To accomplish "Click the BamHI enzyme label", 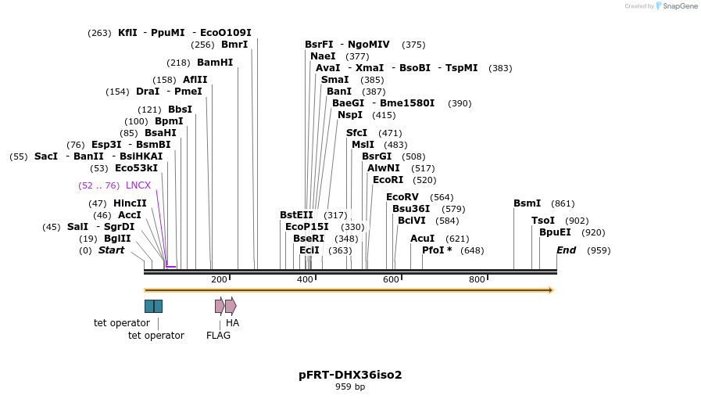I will pyautogui.click(x=214, y=63).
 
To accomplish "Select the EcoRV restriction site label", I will pyautogui.click(x=402, y=197).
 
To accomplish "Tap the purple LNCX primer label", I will pyautogui.click(x=138, y=185).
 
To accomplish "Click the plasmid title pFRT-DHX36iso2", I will pyautogui.click(x=350, y=375).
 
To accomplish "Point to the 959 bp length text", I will pyautogui.click(x=350, y=386).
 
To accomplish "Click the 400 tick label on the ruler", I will pyautogui.click(x=305, y=279).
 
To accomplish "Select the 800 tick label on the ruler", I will pyautogui.click(x=477, y=279).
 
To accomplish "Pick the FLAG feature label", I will pyautogui.click(x=218, y=335).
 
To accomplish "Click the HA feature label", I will pyautogui.click(x=232, y=322).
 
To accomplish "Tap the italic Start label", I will pyautogui.click(x=111, y=250).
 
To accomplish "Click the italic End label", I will pyautogui.click(x=566, y=250).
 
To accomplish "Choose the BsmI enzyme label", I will pyautogui.click(x=527, y=203).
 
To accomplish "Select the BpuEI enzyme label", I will pyautogui.click(x=555, y=232).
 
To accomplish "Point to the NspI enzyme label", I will pyautogui.click(x=349, y=115).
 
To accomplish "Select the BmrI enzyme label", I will pyautogui.click(x=234, y=45).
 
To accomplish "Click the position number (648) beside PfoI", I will pyautogui.click(x=472, y=250).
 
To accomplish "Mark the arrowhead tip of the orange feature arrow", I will pyautogui.click(x=553, y=290).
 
